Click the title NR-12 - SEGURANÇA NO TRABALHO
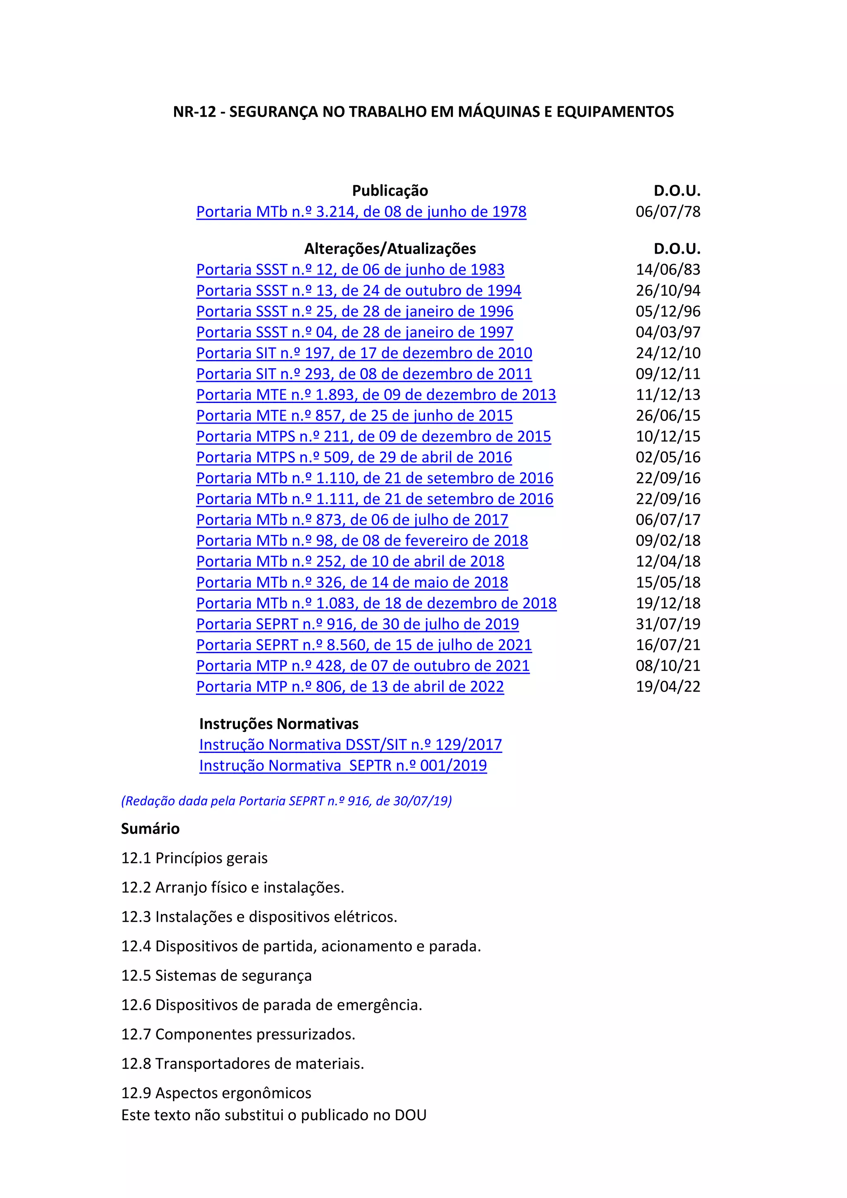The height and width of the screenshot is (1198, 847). [x=423, y=112]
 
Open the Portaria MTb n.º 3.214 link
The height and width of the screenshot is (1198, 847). [x=361, y=212]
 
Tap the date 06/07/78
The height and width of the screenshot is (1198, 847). [x=668, y=212]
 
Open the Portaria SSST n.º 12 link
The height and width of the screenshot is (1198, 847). [x=350, y=270]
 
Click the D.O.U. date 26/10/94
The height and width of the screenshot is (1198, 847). [x=668, y=291]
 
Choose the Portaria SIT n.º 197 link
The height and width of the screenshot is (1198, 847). [x=364, y=353]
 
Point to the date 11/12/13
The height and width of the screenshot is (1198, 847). [x=668, y=395]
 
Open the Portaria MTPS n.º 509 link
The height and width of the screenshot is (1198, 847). [x=354, y=458]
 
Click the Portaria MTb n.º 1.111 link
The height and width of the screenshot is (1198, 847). [x=374, y=499]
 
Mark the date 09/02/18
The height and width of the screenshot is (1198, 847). [x=668, y=541]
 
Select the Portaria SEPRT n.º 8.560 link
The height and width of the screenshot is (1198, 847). [x=364, y=645]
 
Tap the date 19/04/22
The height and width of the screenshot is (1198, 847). [x=668, y=687]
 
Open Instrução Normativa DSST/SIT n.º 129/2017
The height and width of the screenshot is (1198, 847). [x=350, y=745]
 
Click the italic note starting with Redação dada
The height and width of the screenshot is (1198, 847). [x=286, y=800]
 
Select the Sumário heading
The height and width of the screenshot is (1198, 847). [x=150, y=829]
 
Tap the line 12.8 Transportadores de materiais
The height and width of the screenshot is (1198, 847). [x=242, y=1064]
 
